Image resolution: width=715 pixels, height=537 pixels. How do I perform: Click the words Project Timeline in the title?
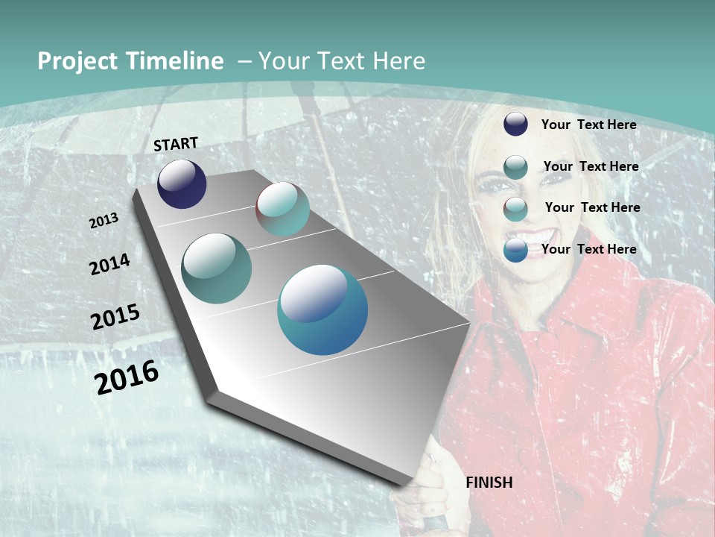(x=130, y=61)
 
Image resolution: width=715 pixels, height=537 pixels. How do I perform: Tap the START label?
(x=176, y=144)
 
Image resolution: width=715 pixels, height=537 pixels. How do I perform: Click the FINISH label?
(x=489, y=483)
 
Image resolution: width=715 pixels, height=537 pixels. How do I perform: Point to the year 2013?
(x=104, y=221)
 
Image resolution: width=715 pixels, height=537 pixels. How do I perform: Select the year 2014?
(x=109, y=264)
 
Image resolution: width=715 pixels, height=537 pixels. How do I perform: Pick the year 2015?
(x=115, y=316)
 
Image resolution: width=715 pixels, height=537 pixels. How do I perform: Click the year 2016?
(x=127, y=377)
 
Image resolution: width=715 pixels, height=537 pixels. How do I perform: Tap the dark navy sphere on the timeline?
(x=182, y=183)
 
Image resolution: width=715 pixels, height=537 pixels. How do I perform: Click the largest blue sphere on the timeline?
(x=322, y=310)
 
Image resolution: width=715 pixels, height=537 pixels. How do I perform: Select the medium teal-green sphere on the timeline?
(x=216, y=268)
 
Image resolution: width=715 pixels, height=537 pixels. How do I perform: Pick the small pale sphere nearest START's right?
(x=282, y=209)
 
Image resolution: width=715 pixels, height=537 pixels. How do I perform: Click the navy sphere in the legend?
(x=515, y=125)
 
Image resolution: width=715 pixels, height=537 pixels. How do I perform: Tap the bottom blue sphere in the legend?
(x=515, y=250)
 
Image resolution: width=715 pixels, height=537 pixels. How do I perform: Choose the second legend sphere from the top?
(x=515, y=167)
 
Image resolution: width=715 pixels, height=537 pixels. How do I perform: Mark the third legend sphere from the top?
(x=515, y=209)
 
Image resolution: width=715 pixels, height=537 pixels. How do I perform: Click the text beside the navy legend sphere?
(x=588, y=125)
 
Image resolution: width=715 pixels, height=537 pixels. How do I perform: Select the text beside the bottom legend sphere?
(x=588, y=249)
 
